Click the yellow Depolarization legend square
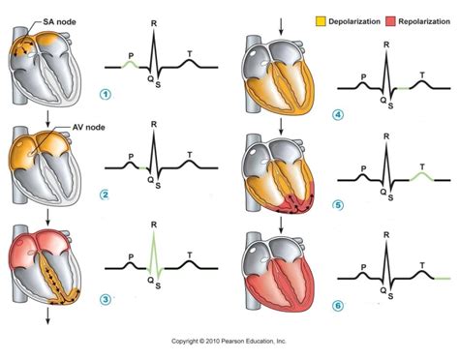click(x=321, y=19)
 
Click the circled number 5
click(x=337, y=204)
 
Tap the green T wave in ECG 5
click(x=420, y=175)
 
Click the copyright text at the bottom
click(x=229, y=341)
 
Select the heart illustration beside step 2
click(x=48, y=163)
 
